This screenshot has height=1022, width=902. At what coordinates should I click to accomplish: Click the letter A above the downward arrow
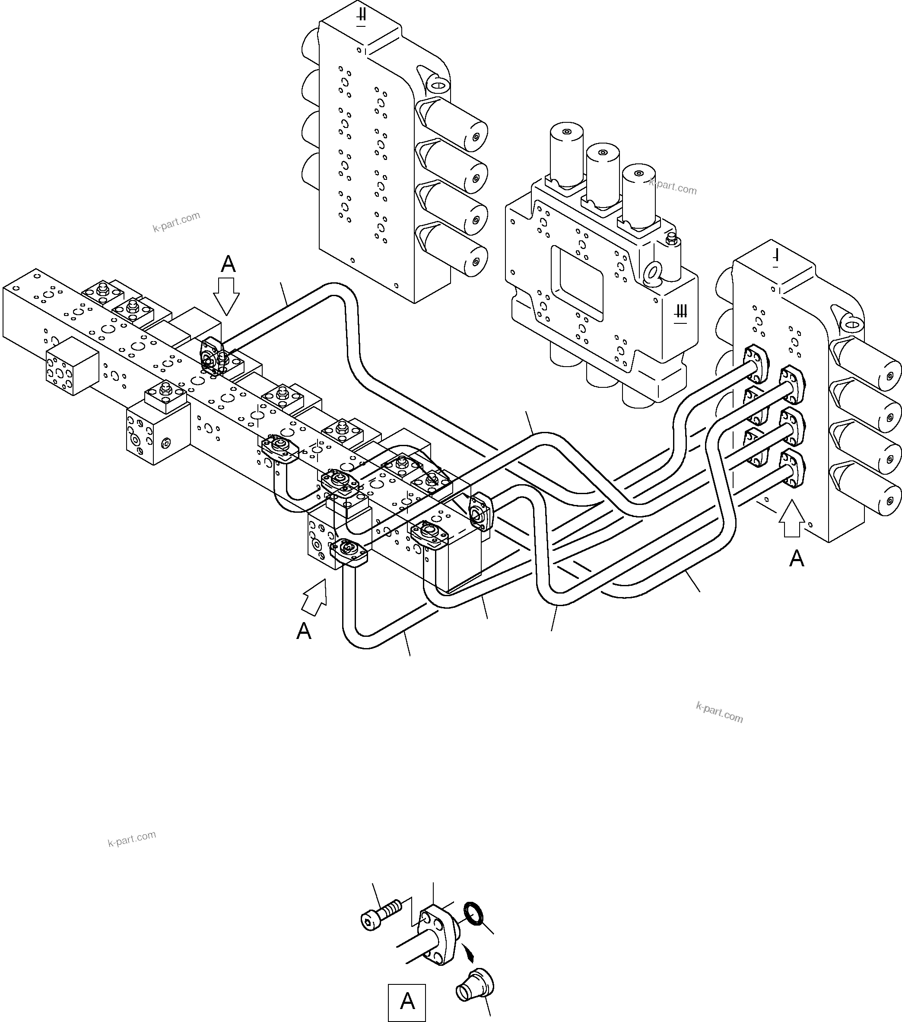[228, 264]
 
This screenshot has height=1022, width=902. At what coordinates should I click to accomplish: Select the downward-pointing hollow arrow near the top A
[226, 297]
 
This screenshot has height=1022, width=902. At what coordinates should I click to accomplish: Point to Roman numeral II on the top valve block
[361, 17]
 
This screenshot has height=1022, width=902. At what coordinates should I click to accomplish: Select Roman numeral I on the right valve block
[775, 259]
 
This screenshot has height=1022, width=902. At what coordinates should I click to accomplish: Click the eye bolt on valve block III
[652, 271]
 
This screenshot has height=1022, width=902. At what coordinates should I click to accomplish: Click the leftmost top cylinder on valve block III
[566, 155]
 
